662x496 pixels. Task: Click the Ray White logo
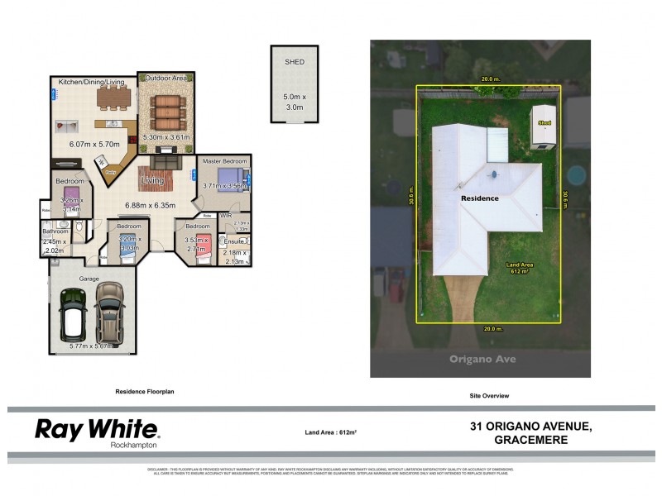click(97, 428)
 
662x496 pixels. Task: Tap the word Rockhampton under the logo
click(134, 445)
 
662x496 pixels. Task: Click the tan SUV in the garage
click(109, 313)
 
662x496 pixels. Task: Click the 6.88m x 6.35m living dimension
click(151, 205)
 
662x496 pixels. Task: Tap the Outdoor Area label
click(166, 79)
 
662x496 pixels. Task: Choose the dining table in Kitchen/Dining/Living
click(114, 98)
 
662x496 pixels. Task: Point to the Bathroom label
click(55, 232)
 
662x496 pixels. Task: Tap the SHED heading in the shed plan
click(294, 61)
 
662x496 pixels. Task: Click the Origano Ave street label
click(480, 359)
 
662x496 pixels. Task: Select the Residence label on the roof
click(480, 198)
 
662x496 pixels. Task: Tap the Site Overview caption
click(488, 396)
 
